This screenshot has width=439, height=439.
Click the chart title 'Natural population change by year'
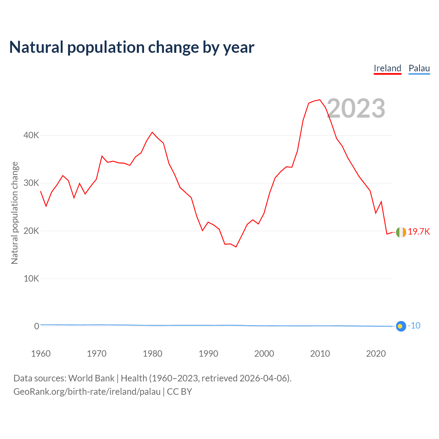(132, 47)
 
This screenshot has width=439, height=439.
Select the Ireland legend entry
(387, 68)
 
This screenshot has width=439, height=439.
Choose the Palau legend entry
(419, 68)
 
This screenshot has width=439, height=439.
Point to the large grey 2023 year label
(356, 108)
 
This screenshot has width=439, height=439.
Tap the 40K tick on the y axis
(31, 135)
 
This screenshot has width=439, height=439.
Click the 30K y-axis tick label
(31, 183)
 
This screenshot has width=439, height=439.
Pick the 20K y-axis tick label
(31, 231)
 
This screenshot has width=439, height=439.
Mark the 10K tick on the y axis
(31, 278)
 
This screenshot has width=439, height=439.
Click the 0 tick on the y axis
(36, 326)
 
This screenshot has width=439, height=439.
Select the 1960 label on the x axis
(41, 354)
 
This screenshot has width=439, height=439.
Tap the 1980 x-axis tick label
(153, 354)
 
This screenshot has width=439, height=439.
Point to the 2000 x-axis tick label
(264, 354)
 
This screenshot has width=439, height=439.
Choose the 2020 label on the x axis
(376, 354)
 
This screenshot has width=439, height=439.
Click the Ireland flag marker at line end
(401, 232)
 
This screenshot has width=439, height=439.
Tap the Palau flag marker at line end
(401, 326)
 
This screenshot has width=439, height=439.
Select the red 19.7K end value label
(419, 232)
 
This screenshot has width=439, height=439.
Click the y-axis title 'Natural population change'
(14, 213)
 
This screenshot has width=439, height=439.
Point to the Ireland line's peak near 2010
(320, 100)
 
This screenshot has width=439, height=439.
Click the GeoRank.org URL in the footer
(87, 392)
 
